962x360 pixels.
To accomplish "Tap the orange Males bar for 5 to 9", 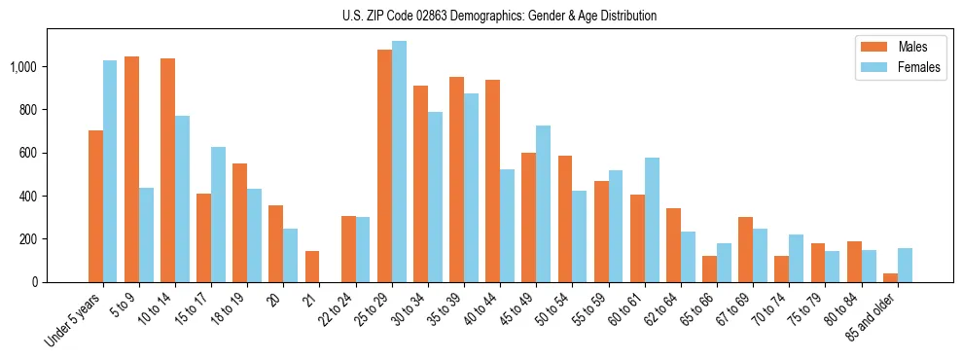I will pos(131,169).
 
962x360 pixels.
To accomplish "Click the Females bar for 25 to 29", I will pos(399,162).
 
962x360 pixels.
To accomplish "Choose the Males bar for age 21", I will pos(312,267).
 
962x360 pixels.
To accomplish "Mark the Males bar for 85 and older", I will pos(890,277).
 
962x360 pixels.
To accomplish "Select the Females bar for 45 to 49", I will pos(543,203).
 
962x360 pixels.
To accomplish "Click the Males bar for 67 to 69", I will pos(745,249).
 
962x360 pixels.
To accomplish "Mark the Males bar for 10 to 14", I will pos(167,170).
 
